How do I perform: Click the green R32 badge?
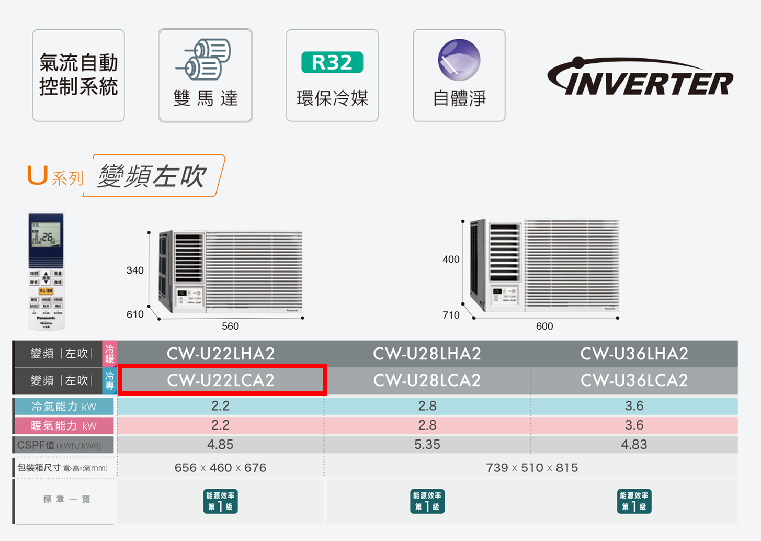coord(332,62)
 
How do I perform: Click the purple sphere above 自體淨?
coord(459,60)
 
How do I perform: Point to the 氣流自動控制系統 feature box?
coord(78,75)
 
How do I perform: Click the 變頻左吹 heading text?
coord(152,176)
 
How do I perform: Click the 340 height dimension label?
coord(135,270)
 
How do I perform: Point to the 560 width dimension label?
coord(230,326)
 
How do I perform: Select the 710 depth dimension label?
coord(451,315)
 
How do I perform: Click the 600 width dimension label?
coord(544,326)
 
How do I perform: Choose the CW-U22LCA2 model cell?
coord(221,380)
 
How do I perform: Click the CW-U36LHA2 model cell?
coord(634,354)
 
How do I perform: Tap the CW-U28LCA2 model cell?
coord(427,380)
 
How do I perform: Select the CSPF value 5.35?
coord(427,445)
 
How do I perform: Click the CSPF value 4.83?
coord(634,445)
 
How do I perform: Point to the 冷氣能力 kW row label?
coord(64,407)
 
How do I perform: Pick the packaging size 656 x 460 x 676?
coord(220,468)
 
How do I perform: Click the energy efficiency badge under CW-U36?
coord(634,501)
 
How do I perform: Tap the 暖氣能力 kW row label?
coord(64,426)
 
